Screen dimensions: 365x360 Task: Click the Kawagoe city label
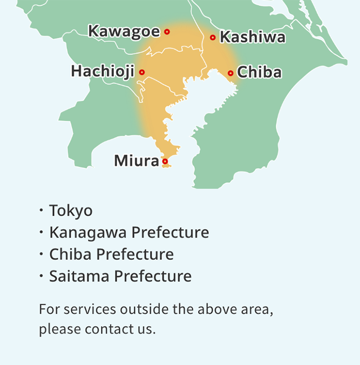[124, 32]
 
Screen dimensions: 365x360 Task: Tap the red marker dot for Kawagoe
[167, 32]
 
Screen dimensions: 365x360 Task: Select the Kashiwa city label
[252, 37]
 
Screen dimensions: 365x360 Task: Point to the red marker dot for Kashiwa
[213, 37]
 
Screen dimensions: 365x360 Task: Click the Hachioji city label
[103, 72]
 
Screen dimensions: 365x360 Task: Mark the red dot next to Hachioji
[142, 72]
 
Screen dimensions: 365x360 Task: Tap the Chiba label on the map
[259, 73]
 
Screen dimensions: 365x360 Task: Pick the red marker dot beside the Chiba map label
[230, 73]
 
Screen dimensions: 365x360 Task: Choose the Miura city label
[137, 161]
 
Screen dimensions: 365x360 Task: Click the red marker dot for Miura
[165, 161]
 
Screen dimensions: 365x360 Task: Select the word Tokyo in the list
[71, 211]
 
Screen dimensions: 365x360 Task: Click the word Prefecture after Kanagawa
[170, 232]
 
